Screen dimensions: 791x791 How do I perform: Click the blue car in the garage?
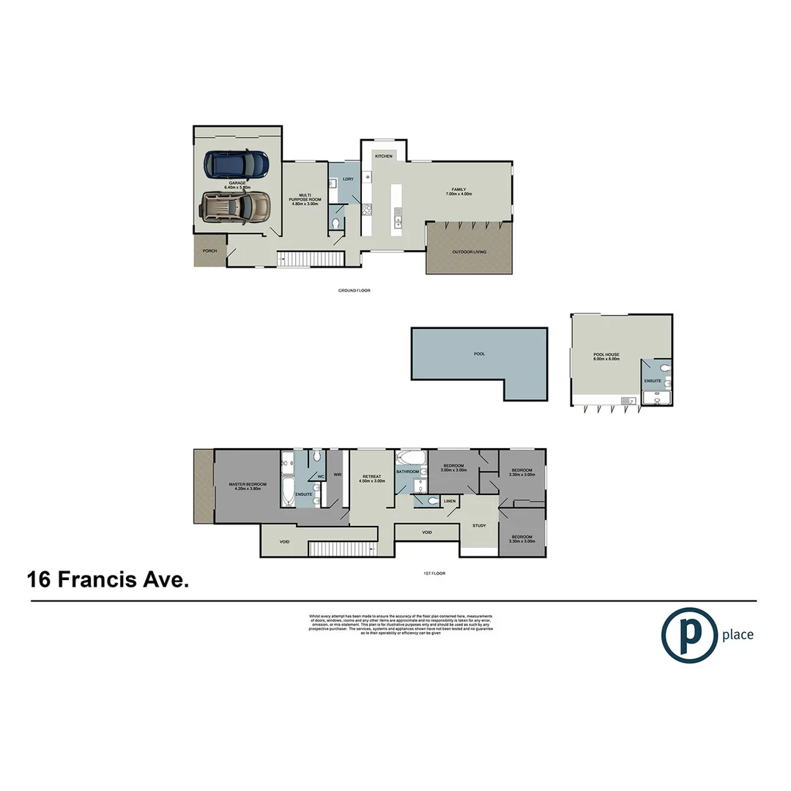pos(237,165)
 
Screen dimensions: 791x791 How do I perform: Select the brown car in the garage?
pos(235,207)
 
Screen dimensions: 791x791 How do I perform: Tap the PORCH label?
pos(210,251)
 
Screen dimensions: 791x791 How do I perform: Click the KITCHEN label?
pos(384,156)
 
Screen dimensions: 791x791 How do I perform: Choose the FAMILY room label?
pos(459,192)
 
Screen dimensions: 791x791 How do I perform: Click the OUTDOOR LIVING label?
pos(469,252)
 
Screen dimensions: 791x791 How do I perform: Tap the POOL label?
pos(480,354)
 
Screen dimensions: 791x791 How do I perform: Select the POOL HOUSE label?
pos(606,357)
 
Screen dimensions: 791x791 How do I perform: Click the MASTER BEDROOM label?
pos(248,486)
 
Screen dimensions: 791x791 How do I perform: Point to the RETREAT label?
pos(371,478)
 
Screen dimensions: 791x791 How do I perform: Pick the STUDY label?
pos(479,525)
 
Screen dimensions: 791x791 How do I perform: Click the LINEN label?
pos(450,501)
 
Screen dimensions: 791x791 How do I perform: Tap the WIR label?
pos(338,475)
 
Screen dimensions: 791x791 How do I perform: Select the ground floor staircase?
pos(310,259)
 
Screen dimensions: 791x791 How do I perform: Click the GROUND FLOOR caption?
pos(354,291)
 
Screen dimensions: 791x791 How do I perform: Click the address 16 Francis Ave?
pos(108,581)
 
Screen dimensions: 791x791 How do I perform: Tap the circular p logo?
pos(689,635)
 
